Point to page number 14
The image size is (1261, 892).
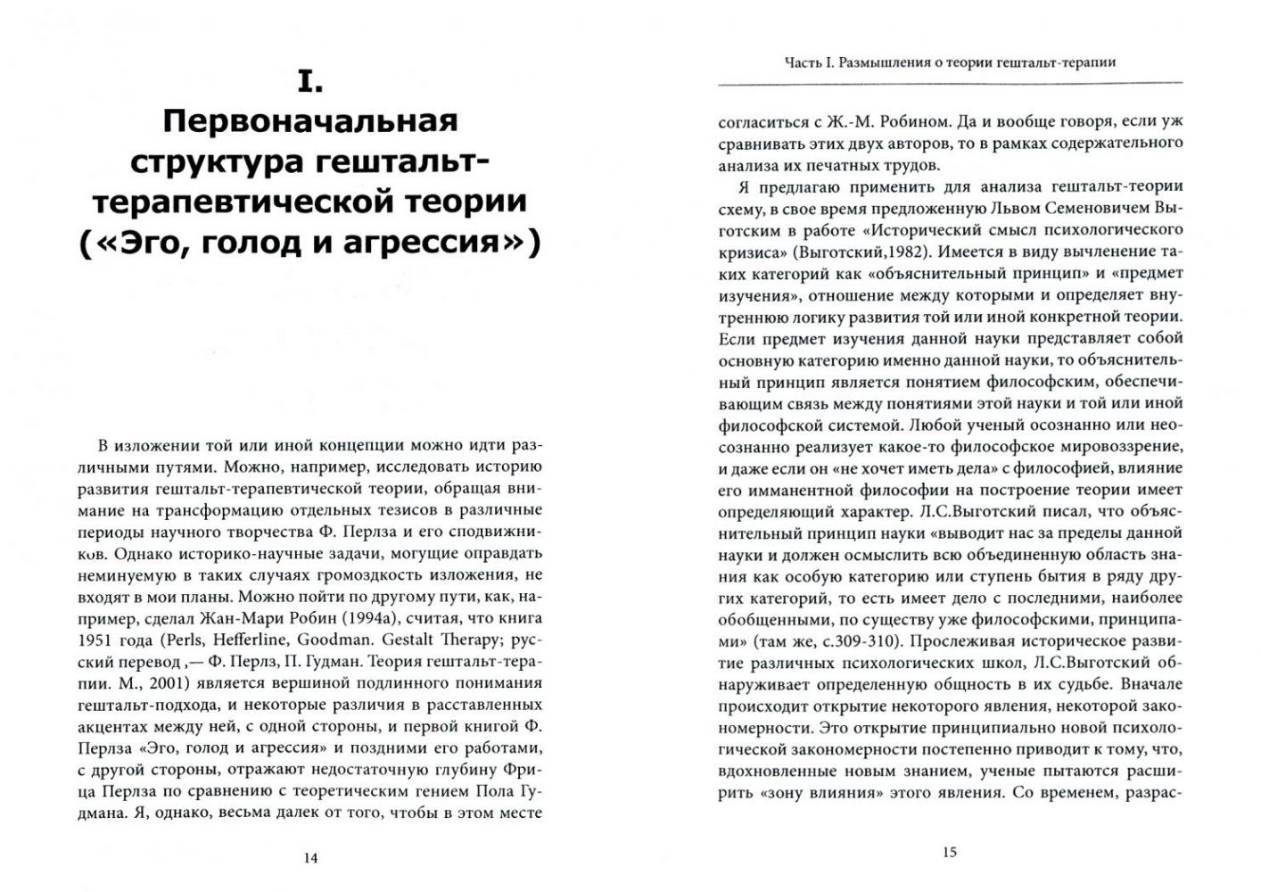coord(310,859)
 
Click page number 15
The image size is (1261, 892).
coord(949,853)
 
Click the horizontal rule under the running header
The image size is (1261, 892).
coord(950,83)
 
